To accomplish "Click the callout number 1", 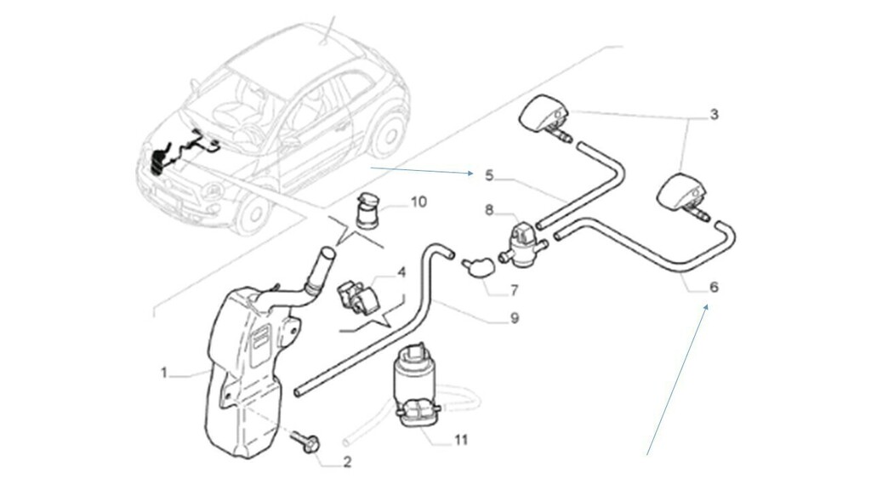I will click(x=163, y=372).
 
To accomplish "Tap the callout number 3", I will click(x=714, y=113).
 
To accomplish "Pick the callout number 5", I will click(x=489, y=175).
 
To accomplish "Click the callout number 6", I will click(x=714, y=288).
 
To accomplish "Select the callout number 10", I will click(x=418, y=202).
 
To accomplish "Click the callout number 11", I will click(x=460, y=441).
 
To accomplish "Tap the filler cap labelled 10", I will click(x=367, y=209).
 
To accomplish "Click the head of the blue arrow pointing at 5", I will click(x=472, y=174).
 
